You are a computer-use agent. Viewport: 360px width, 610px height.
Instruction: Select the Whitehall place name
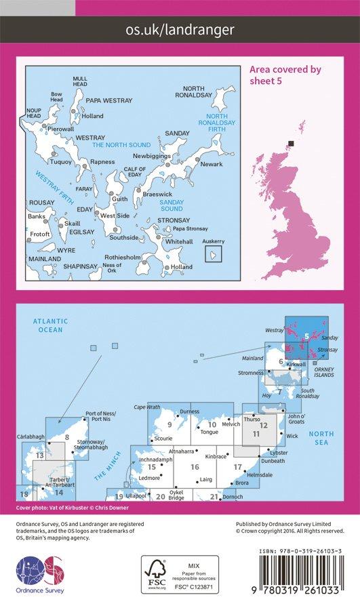(x=179, y=241)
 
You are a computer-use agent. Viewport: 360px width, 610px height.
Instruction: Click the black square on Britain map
(x=292, y=142)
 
